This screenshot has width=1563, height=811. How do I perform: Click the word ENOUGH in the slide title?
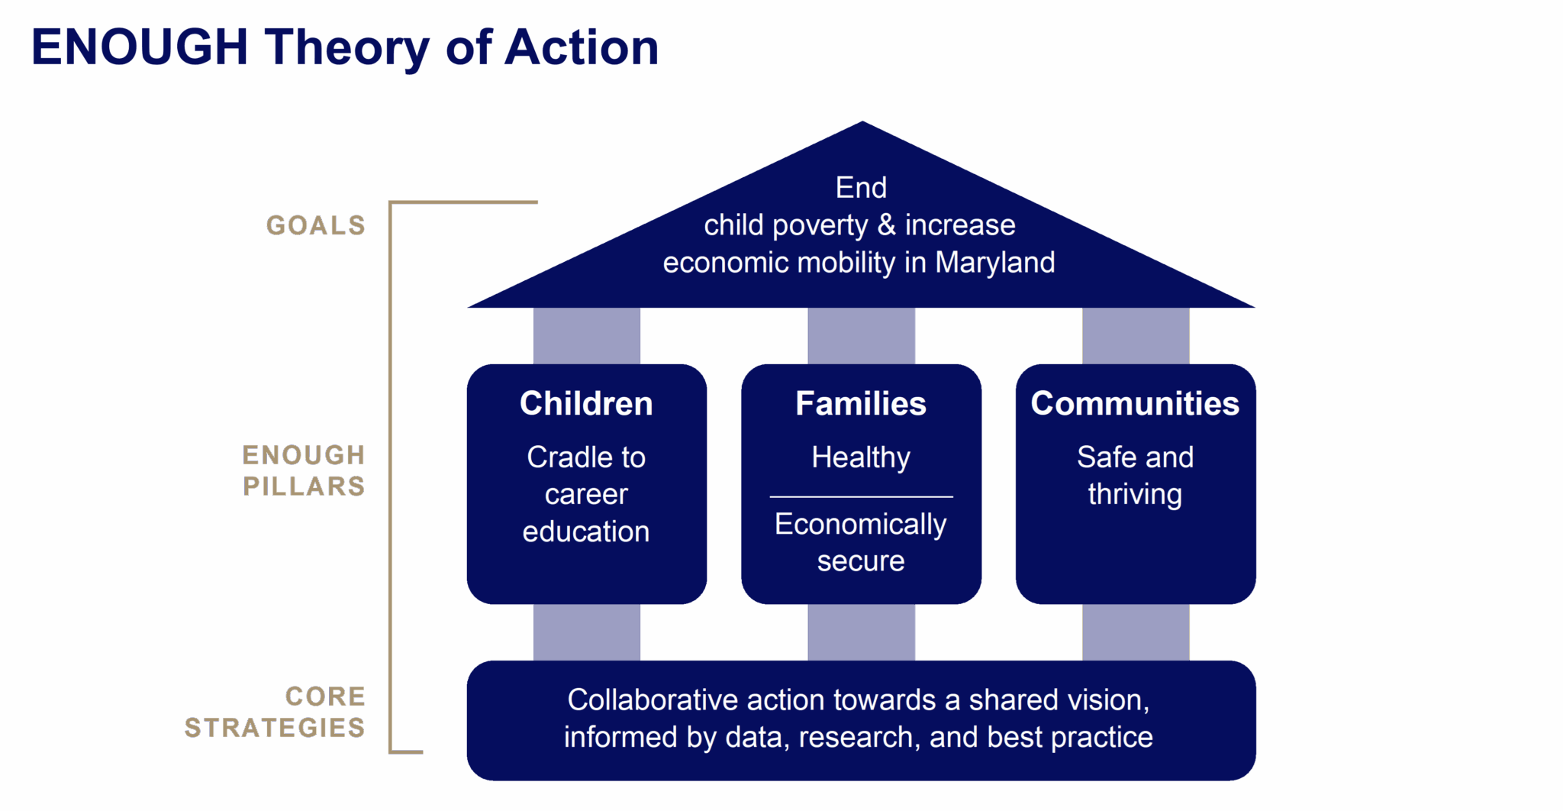coord(140,47)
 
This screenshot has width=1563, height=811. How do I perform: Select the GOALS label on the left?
coord(315,226)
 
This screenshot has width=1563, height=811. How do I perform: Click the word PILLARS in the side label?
coord(304,486)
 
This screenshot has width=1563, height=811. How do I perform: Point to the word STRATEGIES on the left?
coord(275,728)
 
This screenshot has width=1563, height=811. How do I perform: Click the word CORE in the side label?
coord(325,696)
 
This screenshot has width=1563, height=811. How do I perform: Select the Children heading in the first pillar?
coord(586,404)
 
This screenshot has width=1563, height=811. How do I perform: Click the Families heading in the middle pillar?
coord(861,404)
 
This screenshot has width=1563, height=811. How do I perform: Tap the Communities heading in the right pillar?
coord(1135,404)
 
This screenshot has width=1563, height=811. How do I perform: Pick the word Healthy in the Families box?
coord(861,457)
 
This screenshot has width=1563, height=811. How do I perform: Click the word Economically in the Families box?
coord(860,525)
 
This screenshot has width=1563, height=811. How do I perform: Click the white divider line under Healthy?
coord(861,497)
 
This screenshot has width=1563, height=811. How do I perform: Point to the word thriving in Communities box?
coord(1135,495)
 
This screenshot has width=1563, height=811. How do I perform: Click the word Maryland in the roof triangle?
coord(995,263)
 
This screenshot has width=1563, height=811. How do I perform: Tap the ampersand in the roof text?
coord(886,225)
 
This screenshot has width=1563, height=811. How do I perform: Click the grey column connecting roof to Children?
coord(586,336)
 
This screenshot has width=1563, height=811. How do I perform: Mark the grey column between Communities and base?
coord(1135,632)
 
